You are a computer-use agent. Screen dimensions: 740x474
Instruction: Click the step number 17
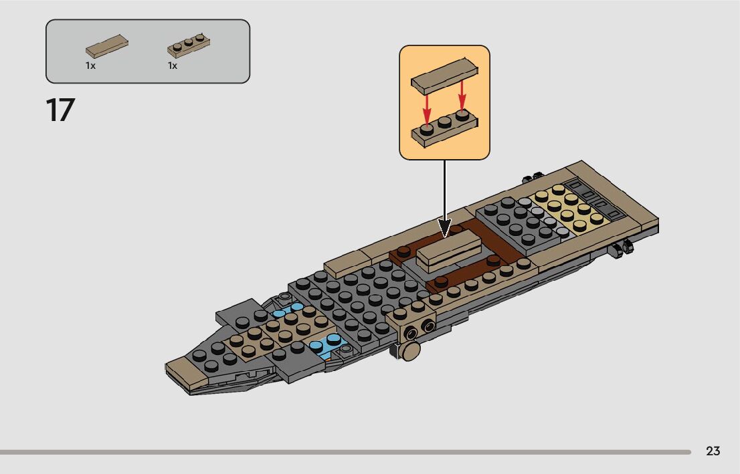60,110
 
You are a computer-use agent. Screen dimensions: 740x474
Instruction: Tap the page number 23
713,451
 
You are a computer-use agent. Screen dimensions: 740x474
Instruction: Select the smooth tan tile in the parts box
106,45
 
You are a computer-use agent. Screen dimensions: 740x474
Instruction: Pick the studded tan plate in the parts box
189,45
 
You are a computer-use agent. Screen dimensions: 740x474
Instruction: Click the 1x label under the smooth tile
90,66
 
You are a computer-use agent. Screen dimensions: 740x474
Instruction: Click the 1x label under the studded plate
173,66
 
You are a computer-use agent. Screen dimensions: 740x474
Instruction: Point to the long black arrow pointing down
444,194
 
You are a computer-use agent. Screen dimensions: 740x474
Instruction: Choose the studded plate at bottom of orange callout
444,129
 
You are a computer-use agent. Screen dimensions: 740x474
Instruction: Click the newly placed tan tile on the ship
450,250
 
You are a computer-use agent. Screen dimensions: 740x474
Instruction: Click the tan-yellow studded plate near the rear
562,210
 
